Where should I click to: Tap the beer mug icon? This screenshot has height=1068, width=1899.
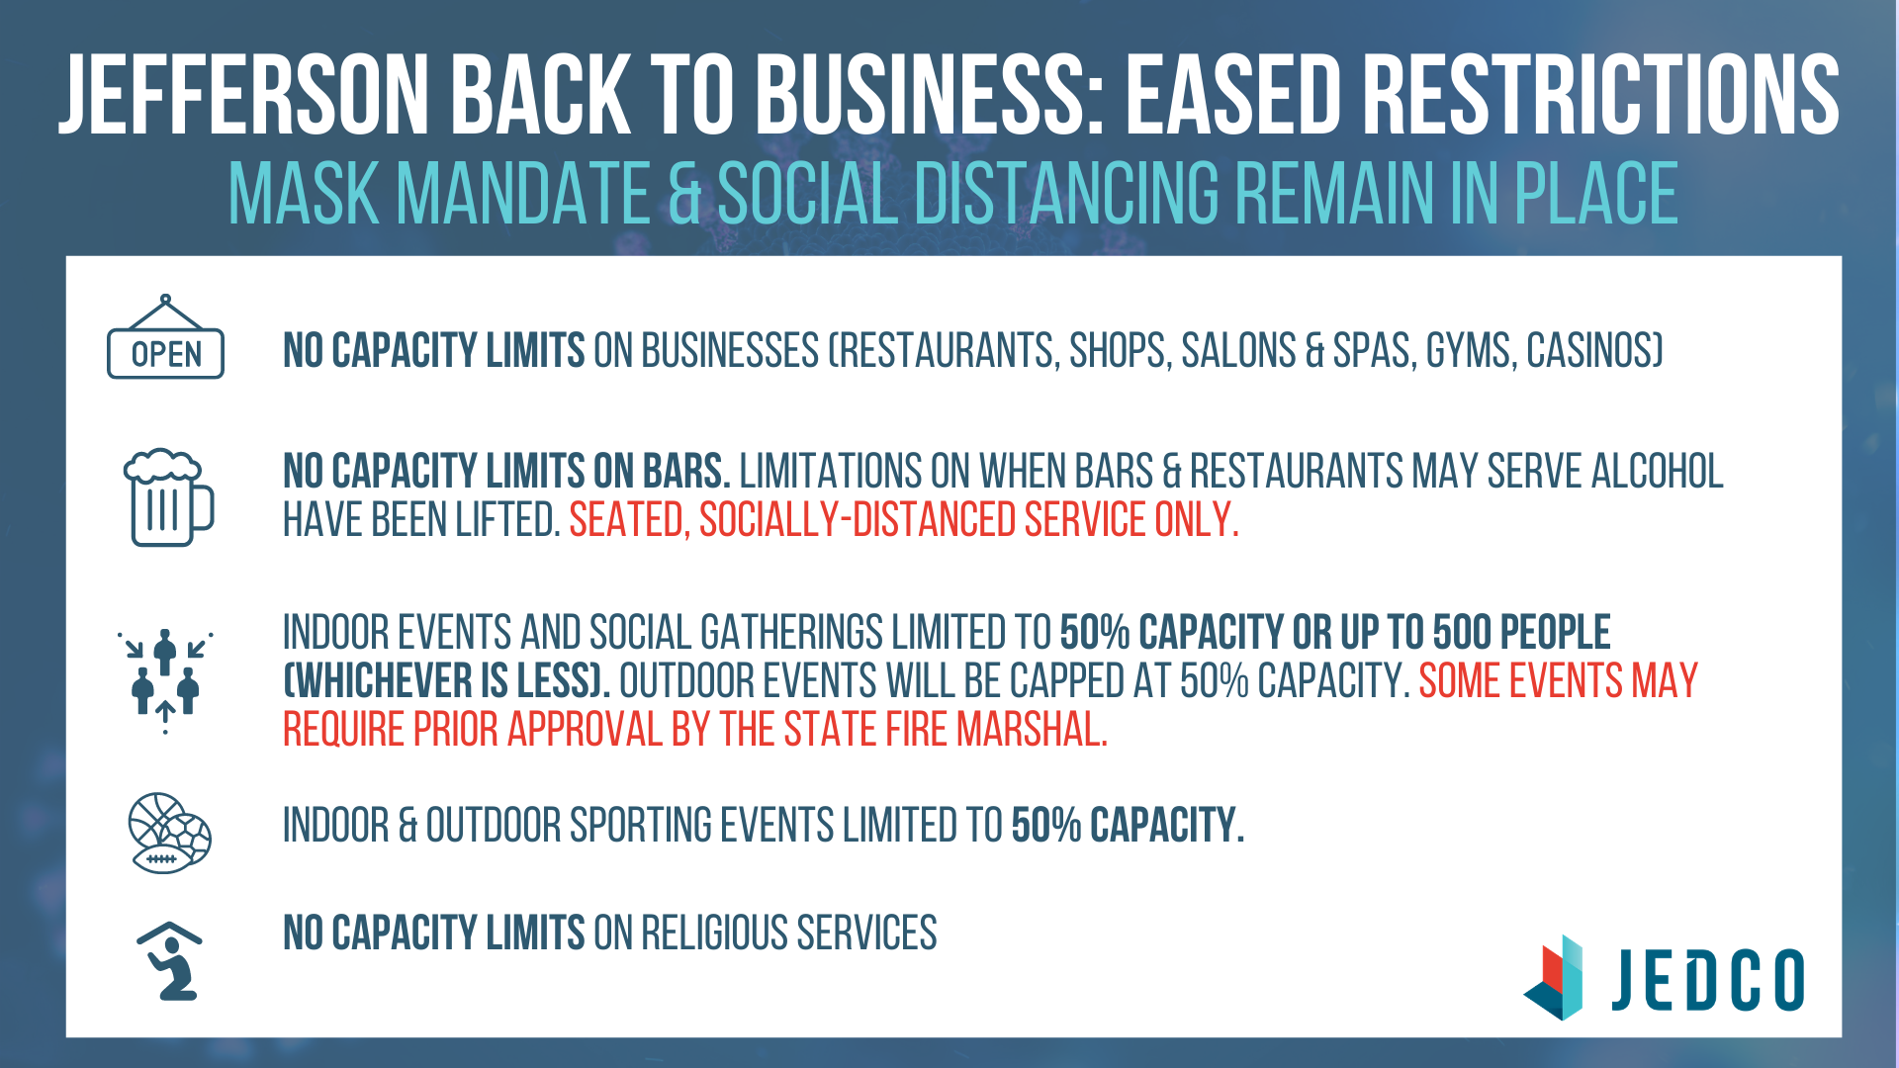click(168, 496)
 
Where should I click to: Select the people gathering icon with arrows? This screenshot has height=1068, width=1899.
click(165, 681)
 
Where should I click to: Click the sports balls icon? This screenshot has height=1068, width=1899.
click(170, 833)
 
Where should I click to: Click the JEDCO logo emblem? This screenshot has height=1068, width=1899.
click(1554, 977)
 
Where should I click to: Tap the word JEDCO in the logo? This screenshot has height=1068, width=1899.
click(1708, 980)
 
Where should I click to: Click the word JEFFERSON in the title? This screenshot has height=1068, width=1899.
click(245, 95)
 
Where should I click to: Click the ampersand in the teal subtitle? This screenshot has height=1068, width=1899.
click(684, 193)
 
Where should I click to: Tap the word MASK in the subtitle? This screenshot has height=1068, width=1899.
click(304, 193)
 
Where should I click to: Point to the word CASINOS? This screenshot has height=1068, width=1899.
click(1594, 351)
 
